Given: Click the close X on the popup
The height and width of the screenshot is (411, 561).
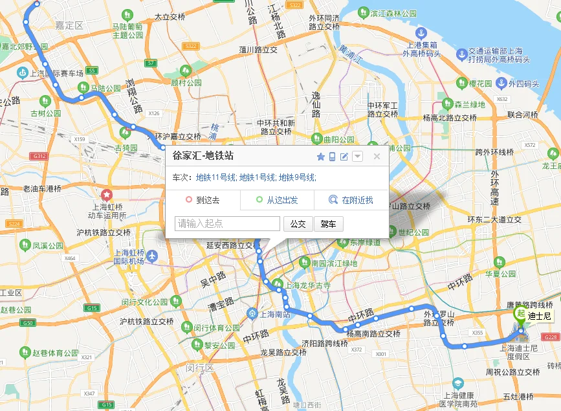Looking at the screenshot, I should (377, 156).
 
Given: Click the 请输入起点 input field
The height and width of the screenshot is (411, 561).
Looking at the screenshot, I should (227, 224).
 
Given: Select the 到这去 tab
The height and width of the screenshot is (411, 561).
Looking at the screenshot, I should (203, 201).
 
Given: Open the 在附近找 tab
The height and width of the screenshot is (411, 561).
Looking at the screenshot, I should (351, 201).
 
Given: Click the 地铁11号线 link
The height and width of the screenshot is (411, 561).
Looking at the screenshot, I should (216, 177).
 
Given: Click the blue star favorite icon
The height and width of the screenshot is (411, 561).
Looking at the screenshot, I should (320, 156).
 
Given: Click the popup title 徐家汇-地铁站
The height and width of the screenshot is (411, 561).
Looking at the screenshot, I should (203, 156).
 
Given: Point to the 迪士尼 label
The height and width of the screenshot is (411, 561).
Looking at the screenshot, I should (539, 316).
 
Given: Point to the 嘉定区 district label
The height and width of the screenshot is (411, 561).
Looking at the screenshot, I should (69, 26).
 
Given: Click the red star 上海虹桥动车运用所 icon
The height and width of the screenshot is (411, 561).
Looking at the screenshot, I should (107, 194).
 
